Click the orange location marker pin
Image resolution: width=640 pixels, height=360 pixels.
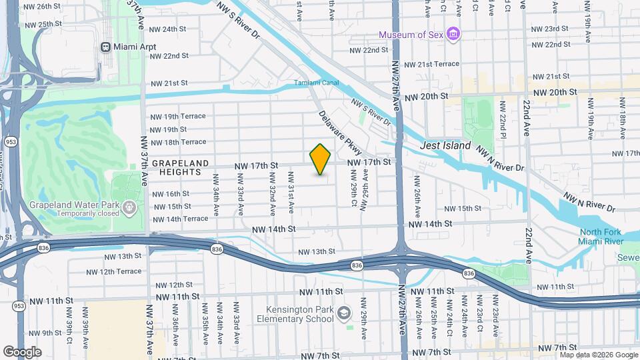[x=321, y=159]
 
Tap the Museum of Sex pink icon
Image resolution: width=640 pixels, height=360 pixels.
[x=453, y=34]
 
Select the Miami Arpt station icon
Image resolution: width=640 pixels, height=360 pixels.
[x=105, y=47]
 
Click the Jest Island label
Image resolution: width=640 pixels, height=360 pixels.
[x=445, y=145]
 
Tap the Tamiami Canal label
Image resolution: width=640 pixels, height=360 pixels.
[x=317, y=83]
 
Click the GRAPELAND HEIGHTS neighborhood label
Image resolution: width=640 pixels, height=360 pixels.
[x=180, y=167]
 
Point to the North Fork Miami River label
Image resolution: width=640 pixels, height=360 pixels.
[x=601, y=236]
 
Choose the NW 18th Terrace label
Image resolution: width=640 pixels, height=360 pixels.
[x=178, y=142]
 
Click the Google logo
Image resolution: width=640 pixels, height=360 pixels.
[x=22, y=351]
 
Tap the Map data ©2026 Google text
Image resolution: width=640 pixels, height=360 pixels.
[x=599, y=355]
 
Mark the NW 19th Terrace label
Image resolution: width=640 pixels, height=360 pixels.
[x=178, y=116]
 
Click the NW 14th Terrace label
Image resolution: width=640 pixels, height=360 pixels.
[x=180, y=219]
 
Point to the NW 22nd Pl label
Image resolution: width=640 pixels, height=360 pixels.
[x=503, y=120]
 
